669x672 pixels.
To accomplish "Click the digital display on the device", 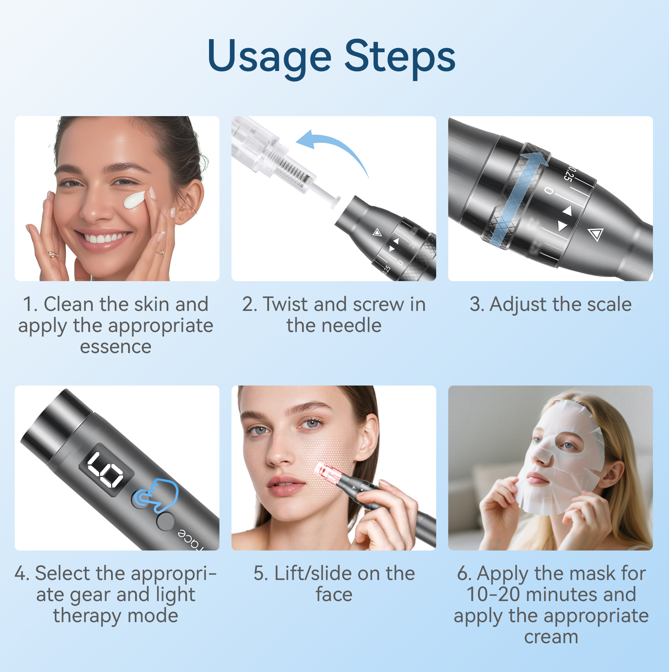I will pyautogui.click(x=106, y=470).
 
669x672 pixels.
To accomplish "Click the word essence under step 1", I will pyautogui.click(x=115, y=347).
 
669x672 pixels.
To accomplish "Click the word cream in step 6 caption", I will pyautogui.click(x=551, y=637).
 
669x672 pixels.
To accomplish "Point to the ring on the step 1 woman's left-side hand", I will pyautogui.click(x=53, y=255).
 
